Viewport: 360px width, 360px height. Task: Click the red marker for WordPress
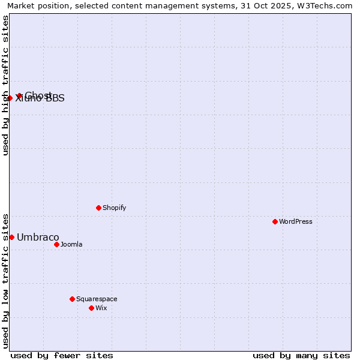(x=275, y=221)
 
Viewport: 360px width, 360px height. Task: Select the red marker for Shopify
(x=98, y=208)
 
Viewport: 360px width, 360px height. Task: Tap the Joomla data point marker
(x=56, y=244)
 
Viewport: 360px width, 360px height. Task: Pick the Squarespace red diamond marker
(x=72, y=299)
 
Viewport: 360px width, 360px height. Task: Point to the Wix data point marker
(x=91, y=308)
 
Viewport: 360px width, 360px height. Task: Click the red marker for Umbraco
(x=11, y=237)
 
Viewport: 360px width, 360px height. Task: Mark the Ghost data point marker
(x=19, y=95)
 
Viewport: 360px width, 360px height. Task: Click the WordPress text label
(x=296, y=221)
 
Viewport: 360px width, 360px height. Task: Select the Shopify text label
(x=114, y=208)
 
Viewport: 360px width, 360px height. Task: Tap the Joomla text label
(x=71, y=244)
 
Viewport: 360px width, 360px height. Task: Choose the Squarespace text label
(x=97, y=299)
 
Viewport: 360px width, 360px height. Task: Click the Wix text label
(x=101, y=308)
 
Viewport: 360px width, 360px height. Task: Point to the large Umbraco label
(x=38, y=237)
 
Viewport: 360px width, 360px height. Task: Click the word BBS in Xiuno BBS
(x=55, y=98)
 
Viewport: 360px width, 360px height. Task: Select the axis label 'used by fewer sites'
(x=62, y=355)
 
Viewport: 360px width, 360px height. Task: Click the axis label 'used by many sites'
(x=301, y=355)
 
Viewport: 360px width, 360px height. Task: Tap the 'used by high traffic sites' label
(x=5, y=85)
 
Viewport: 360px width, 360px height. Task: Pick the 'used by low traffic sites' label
(x=5, y=280)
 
